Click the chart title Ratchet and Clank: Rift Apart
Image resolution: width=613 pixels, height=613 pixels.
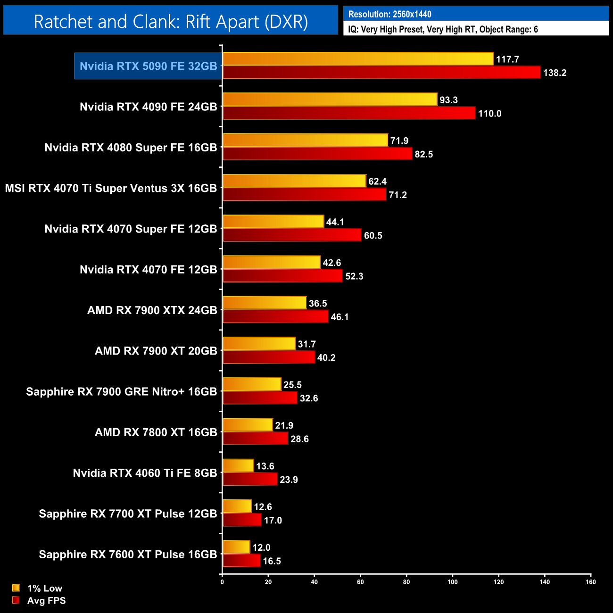point(171,22)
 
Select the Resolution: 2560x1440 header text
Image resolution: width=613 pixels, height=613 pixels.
point(389,14)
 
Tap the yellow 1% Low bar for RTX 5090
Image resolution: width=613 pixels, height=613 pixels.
point(358,59)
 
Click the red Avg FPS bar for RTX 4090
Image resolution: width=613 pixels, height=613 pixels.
point(349,113)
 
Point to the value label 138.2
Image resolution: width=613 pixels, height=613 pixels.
point(555,73)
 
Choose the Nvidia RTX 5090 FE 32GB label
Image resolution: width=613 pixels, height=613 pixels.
point(148,66)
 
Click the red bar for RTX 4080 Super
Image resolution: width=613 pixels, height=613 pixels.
point(317,154)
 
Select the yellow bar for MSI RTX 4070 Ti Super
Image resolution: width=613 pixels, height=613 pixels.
point(294,181)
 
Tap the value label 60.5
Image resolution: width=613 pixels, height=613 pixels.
point(373,235)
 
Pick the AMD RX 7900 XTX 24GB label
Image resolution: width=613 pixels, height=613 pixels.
point(152,310)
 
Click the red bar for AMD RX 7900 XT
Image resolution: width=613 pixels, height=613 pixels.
point(269,357)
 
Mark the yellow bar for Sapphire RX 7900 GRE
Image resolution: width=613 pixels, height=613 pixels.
point(252,384)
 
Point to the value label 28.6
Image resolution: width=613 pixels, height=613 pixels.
point(299,439)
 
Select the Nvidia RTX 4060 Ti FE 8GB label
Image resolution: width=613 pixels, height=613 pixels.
point(145,473)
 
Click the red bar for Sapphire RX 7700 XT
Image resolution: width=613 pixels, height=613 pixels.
point(242,520)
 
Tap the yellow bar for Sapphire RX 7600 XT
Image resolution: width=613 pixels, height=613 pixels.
point(236,547)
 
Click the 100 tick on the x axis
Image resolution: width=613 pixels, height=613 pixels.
point(452,582)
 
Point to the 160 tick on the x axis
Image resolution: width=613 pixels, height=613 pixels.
point(590,582)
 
